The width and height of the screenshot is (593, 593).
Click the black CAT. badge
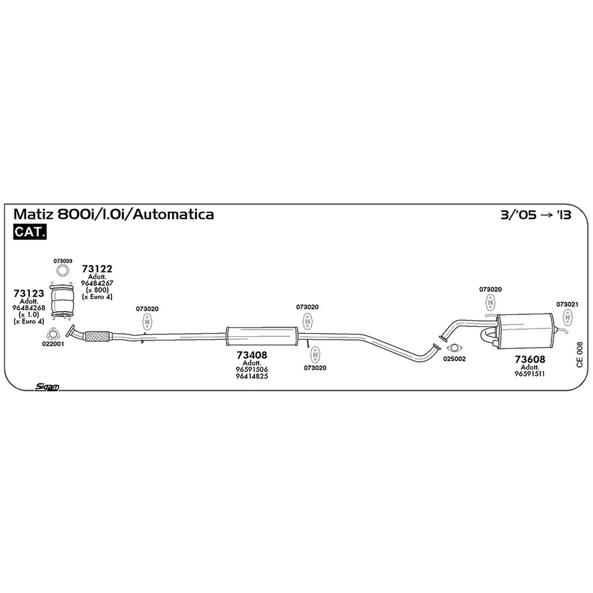tap(30, 232)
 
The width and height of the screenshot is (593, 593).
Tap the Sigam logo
tap(46, 387)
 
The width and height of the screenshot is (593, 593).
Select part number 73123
tap(29, 293)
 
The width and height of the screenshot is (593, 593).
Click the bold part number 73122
tap(97, 269)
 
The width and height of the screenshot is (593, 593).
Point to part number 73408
tap(252, 355)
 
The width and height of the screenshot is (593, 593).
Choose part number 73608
tap(530, 359)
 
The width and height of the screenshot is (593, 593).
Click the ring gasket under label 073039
tap(62, 271)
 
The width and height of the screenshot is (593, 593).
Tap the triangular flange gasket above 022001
tap(52, 334)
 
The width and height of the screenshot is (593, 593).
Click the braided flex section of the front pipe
tap(97, 336)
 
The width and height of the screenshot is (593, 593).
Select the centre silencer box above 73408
tap(261, 336)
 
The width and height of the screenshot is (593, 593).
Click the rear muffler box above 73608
tap(525, 331)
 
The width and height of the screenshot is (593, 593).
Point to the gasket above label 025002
tap(454, 348)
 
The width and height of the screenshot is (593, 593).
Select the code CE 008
tap(580, 355)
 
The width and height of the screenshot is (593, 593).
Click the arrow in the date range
tap(547, 215)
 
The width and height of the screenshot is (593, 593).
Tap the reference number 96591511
tap(530, 374)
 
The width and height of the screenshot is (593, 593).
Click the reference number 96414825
tap(252, 376)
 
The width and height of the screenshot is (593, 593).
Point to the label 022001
tap(53, 344)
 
